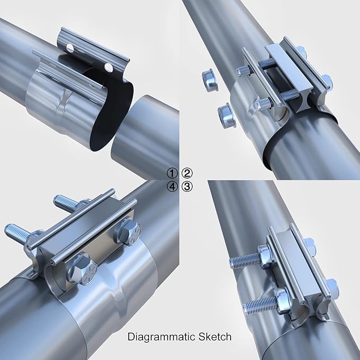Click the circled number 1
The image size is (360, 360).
(172, 173)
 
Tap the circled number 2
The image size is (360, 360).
(187, 173)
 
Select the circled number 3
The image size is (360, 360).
(187, 187)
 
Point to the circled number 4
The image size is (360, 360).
(172, 187)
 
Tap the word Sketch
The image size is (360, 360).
(215, 337)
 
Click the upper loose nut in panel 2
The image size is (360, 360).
(209, 80)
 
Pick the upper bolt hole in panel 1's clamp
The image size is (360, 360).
(70, 48)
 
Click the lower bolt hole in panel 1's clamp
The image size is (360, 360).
(109, 67)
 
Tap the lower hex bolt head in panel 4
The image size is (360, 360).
(82, 269)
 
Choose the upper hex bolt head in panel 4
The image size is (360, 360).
(130, 231)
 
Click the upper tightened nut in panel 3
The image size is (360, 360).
(265, 256)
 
